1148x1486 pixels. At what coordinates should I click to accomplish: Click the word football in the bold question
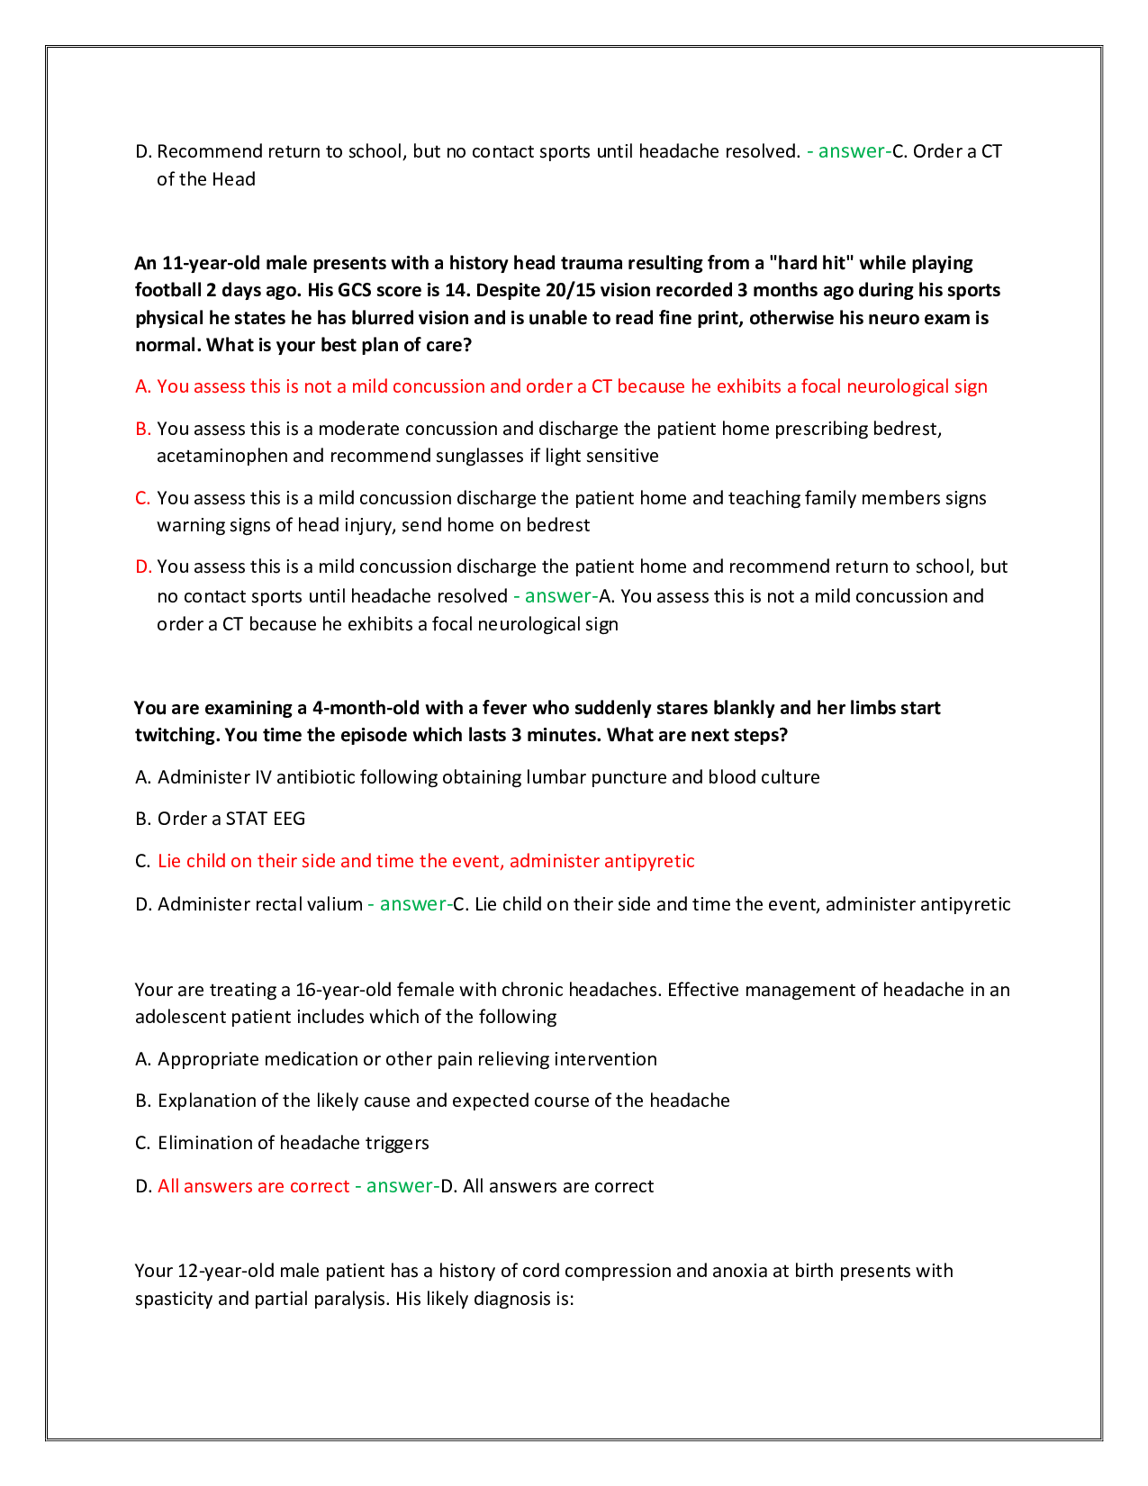pos(168,290)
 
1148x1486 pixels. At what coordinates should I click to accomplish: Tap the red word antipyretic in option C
pos(649,861)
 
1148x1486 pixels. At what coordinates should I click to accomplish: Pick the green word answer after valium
pos(413,904)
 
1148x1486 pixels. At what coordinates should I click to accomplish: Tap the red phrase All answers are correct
pos(253,1186)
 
